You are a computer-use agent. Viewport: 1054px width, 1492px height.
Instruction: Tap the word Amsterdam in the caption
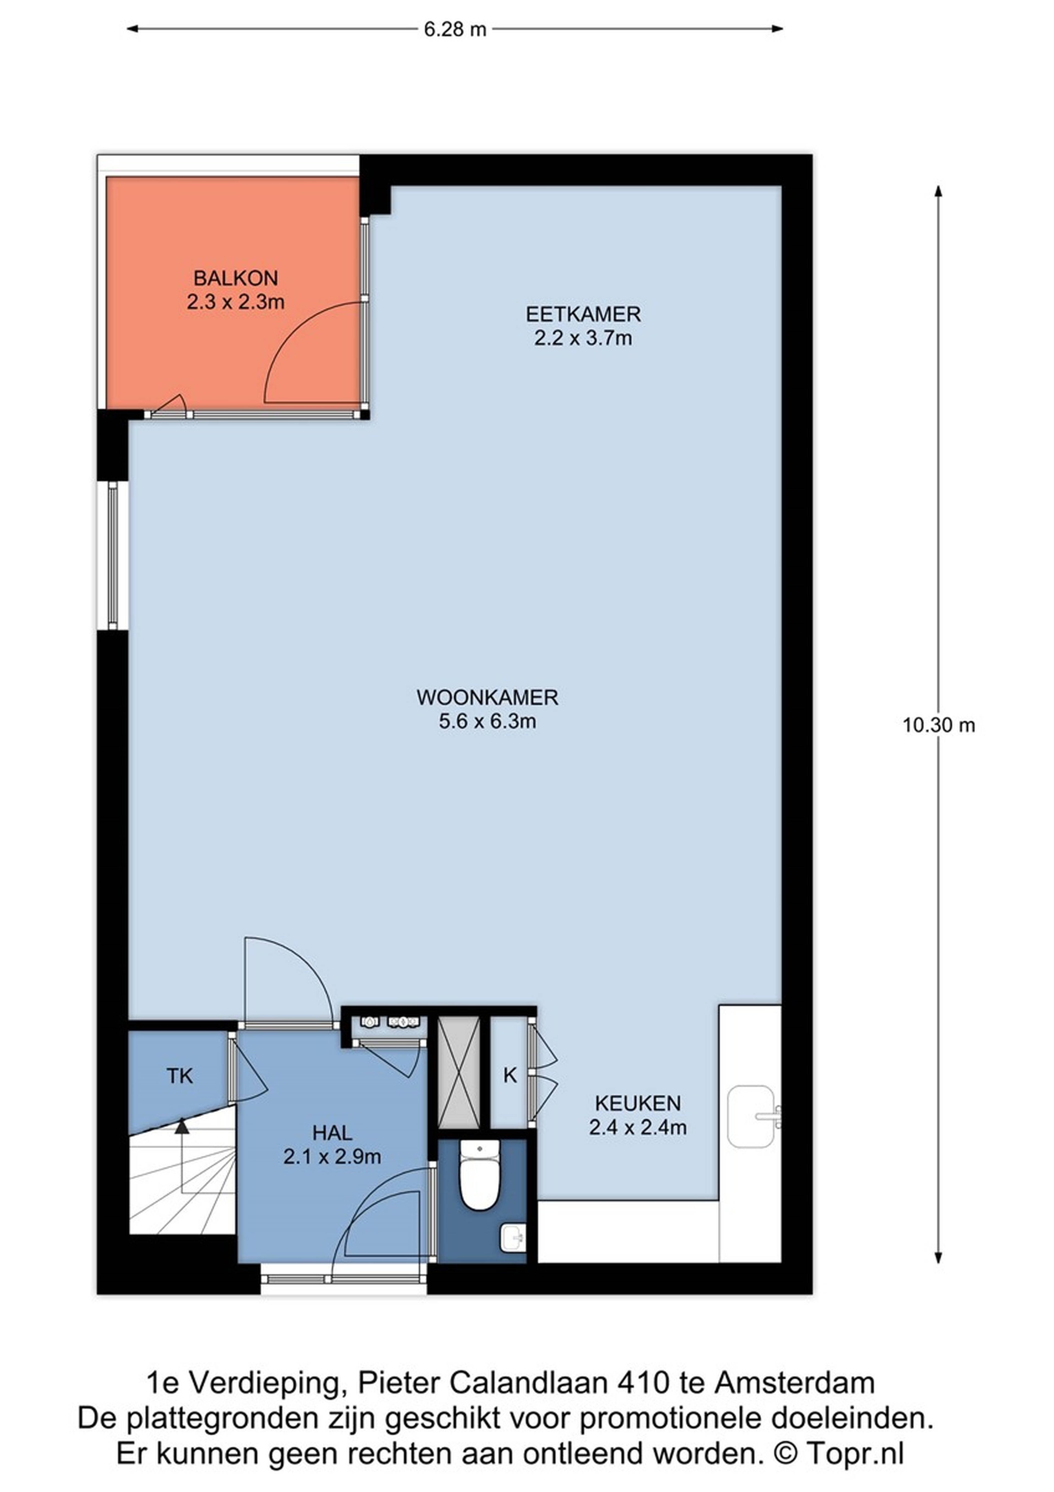(x=795, y=1383)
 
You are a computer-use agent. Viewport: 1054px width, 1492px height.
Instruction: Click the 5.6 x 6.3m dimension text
(x=487, y=721)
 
